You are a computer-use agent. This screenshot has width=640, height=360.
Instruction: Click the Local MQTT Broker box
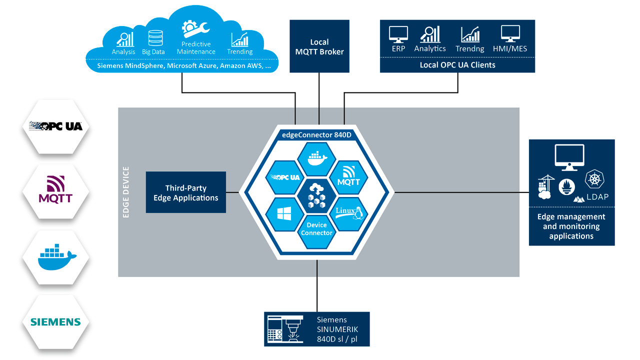pyautogui.click(x=319, y=46)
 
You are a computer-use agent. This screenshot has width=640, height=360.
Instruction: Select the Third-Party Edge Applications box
pyautogui.click(x=185, y=192)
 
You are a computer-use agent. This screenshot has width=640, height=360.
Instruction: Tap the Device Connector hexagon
pyautogui.click(x=316, y=229)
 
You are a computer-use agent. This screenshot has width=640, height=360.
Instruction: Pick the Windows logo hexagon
pyautogui.click(x=284, y=213)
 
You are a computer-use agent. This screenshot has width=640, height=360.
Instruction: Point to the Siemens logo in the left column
pyautogui.click(x=55, y=322)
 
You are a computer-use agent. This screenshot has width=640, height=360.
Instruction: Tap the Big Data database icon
pyautogui.click(x=155, y=38)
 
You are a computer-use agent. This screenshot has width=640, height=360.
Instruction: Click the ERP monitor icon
pyautogui.click(x=398, y=34)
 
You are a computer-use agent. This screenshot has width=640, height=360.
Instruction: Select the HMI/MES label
pyautogui.click(x=513, y=49)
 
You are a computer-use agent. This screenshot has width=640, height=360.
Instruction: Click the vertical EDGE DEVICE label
pyautogui.click(x=126, y=192)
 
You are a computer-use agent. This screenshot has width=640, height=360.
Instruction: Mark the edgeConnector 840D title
pyautogui.click(x=316, y=134)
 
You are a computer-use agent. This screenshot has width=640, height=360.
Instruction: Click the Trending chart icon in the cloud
pyautogui.click(x=239, y=39)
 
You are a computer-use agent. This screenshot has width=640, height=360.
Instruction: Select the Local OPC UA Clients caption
pyautogui.click(x=457, y=65)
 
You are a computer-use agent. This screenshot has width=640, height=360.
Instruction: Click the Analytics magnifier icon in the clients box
pyautogui.click(x=430, y=34)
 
